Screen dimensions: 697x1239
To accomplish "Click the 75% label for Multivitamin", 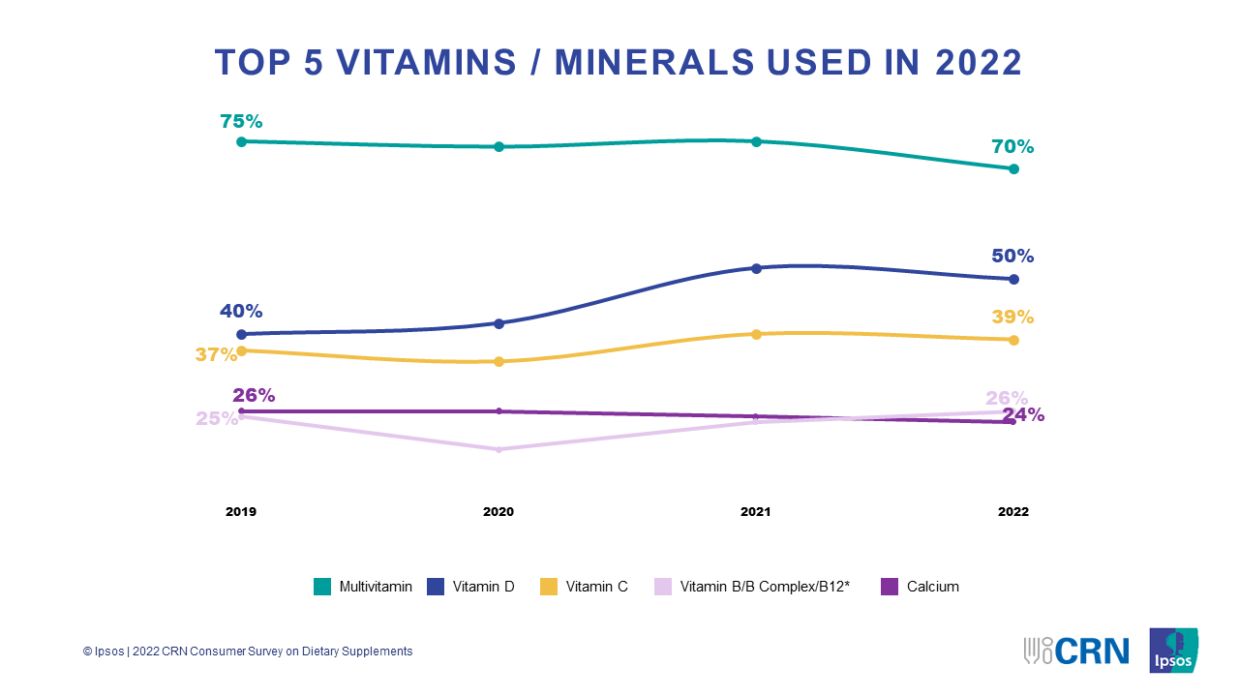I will click(x=241, y=122).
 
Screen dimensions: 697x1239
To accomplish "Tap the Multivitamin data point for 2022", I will click(x=1013, y=168).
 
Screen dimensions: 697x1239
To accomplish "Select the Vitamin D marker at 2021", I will click(x=757, y=268).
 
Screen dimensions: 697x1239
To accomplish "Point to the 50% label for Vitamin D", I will click(x=1012, y=257).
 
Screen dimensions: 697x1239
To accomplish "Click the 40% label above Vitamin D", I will click(x=241, y=312).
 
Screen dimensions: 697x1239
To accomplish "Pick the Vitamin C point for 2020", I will click(x=499, y=362).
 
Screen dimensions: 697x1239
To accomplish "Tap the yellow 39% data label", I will click(x=1012, y=318).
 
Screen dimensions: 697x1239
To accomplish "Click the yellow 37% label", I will click(x=215, y=354).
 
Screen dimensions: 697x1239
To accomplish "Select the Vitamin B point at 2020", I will click(x=499, y=449).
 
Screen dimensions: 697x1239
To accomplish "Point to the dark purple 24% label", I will click(x=1023, y=415).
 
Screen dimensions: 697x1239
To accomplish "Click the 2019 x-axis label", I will click(x=241, y=512).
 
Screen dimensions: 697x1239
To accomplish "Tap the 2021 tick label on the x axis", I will click(x=756, y=512).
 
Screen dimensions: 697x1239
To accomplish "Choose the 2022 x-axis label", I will click(x=1013, y=512).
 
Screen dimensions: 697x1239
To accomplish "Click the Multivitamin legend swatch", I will click(x=322, y=587).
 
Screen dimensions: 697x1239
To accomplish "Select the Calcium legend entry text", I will click(x=932, y=587).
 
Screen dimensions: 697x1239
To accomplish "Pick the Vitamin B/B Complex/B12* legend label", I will click(x=765, y=587).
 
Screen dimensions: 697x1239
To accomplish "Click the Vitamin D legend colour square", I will click(x=436, y=587).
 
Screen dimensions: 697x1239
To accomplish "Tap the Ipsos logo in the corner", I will click(x=1173, y=651).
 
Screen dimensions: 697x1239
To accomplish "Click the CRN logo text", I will click(x=1092, y=651).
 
